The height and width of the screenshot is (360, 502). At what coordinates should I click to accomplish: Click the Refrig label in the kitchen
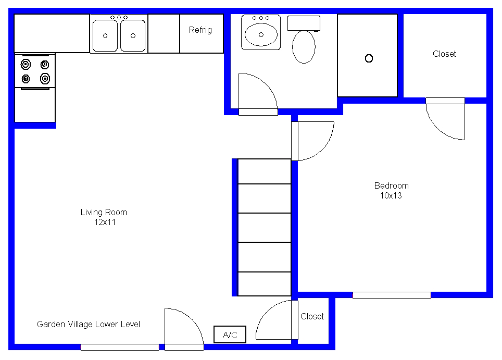pos(200,30)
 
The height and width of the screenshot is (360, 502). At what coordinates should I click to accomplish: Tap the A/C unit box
pos(230,334)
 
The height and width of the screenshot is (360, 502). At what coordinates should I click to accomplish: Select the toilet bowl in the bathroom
pos(304,47)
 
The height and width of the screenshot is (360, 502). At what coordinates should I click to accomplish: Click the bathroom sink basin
pos(261,34)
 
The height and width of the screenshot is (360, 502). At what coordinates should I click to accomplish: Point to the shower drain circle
pos(369,58)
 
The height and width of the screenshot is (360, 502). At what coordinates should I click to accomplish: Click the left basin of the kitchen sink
pos(105,35)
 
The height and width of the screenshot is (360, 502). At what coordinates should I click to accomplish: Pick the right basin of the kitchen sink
pos(133,35)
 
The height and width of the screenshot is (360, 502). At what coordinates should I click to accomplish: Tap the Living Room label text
pos(104,213)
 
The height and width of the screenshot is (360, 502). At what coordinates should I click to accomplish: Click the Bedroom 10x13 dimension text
pos(391,196)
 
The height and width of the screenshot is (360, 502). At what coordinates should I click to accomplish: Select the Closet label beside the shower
pos(444,54)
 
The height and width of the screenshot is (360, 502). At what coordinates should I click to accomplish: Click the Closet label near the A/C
pos(312,316)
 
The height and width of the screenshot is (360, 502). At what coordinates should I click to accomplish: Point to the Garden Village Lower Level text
pos(89,325)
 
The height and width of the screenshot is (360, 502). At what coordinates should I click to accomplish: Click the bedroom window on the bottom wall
pos(392,295)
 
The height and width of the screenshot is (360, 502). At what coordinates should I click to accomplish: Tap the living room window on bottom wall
pos(120,347)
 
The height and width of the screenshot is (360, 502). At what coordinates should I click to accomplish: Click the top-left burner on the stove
pos(26,65)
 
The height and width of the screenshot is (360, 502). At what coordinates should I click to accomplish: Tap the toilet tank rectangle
pos(304,23)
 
